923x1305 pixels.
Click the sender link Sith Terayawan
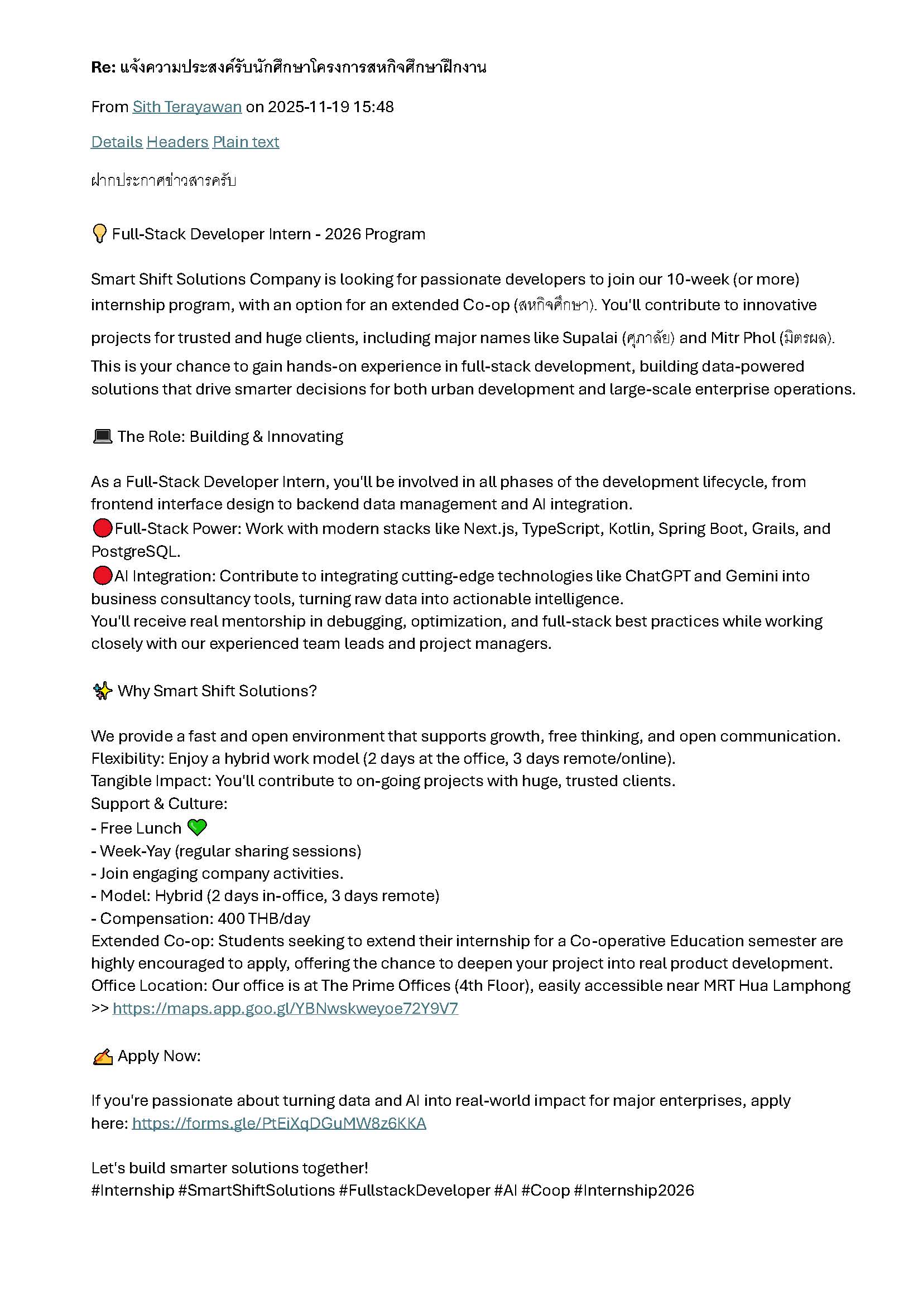click(x=187, y=107)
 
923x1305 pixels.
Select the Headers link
click(x=177, y=142)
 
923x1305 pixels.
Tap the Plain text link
click(x=246, y=142)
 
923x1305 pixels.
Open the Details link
click(x=117, y=142)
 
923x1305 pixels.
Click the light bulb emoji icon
click(x=99, y=234)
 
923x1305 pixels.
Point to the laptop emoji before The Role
click(x=102, y=436)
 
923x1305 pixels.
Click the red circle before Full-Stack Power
click(x=102, y=528)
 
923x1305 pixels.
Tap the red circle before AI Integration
click(x=102, y=575)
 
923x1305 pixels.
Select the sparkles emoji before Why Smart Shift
click(x=102, y=691)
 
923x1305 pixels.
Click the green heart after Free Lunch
click(x=196, y=827)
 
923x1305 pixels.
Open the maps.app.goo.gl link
click(x=285, y=1008)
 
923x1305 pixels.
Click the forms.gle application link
click(x=279, y=1123)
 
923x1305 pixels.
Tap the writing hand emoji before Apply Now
click(x=102, y=1056)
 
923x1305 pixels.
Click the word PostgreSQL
click(x=136, y=551)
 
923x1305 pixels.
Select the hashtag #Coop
click(x=545, y=1191)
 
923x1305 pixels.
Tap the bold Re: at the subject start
click(x=103, y=68)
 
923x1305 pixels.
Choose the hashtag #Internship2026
click(x=634, y=1191)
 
